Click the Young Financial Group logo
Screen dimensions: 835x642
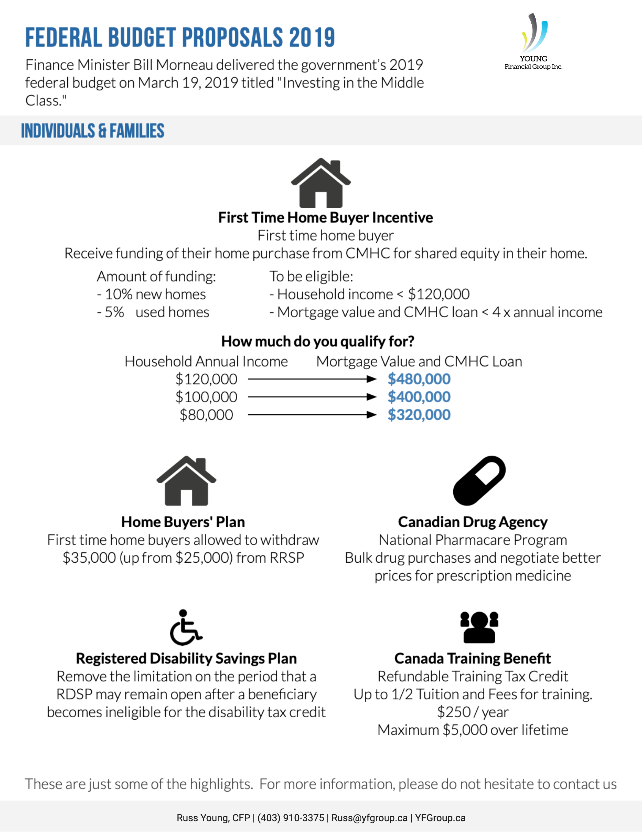pyautogui.click(x=533, y=42)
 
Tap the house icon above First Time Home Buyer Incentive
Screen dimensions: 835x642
pyautogui.click(x=321, y=184)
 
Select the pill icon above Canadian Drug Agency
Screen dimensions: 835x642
pyautogui.click(x=479, y=481)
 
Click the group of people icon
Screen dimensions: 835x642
pyautogui.click(x=479, y=627)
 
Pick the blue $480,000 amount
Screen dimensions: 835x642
pyautogui.click(x=419, y=379)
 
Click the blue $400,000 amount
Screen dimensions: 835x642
pyautogui.click(x=419, y=397)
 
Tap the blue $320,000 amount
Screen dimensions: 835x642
pyautogui.click(x=419, y=415)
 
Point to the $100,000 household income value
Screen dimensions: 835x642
pyautogui.click(x=206, y=397)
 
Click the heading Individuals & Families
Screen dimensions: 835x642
pyautogui.click(x=93, y=131)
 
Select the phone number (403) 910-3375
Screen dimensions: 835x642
pyautogui.click(x=291, y=818)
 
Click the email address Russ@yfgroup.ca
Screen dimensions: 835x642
pyautogui.click(x=369, y=818)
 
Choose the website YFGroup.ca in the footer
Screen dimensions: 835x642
pyautogui.click(x=440, y=818)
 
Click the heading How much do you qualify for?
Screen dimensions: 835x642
pyautogui.click(x=318, y=341)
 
